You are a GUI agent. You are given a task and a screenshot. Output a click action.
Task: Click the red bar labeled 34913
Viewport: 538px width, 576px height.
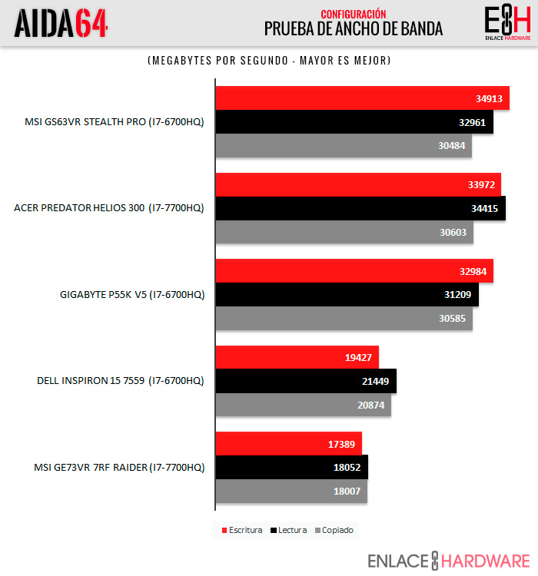(346, 98)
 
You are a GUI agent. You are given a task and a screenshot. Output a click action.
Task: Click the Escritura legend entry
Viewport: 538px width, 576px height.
(242, 530)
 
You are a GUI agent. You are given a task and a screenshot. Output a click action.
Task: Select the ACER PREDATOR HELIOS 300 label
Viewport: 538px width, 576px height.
(109, 208)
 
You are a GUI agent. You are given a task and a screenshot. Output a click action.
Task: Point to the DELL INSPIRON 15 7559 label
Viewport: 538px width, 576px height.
(121, 381)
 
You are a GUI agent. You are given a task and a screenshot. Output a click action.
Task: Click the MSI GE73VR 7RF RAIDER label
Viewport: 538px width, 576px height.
(119, 468)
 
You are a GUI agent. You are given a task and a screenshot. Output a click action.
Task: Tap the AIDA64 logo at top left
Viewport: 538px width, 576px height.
(61, 23)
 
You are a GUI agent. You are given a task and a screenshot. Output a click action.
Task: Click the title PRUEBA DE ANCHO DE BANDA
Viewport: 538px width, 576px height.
(354, 29)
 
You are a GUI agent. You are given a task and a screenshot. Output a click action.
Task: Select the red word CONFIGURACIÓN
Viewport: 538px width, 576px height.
(354, 14)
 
